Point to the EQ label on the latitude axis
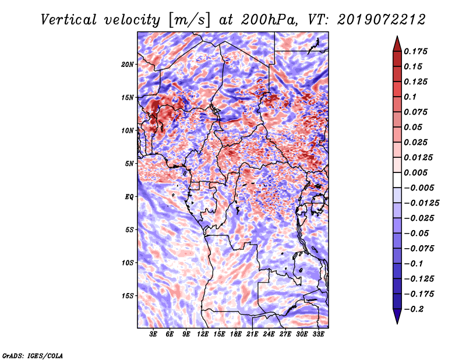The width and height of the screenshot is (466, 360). [x=129, y=196]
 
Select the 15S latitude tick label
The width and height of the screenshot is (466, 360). [x=128, y=295]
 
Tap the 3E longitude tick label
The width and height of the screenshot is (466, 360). [x=154, y=334]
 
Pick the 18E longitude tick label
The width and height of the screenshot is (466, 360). [x=235, y=334]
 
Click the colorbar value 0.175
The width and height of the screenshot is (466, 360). [x=418, y=51]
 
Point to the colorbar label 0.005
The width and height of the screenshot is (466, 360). [x=418, y=172]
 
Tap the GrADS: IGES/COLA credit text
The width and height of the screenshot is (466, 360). [x=33, y=355]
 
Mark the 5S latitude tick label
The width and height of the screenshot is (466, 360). [x=130, y=230]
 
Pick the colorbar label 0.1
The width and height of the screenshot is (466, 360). [x=412, y=97]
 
